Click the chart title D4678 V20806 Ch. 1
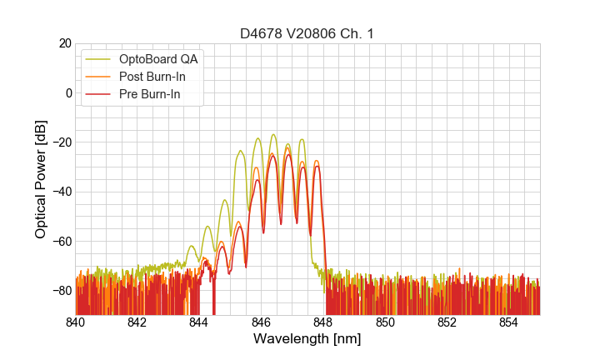pos(307,33)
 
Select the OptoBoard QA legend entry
pos(159,59)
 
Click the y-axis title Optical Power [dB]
pos(41,179)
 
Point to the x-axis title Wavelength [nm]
pos(307,339)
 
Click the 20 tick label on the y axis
pos(63,43)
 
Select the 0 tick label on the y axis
pos(67,92)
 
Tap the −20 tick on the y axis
pos(59,142)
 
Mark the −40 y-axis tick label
pos(59,192)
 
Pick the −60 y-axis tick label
pos(59,241)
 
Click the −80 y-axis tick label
pos(59,290)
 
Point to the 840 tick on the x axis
pos(76,322)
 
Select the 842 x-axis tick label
pos(137,322)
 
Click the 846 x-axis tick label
pos(262,322)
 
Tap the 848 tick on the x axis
pos(323,322)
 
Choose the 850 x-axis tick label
pos(385,322)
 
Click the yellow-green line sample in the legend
pos(99,59)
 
